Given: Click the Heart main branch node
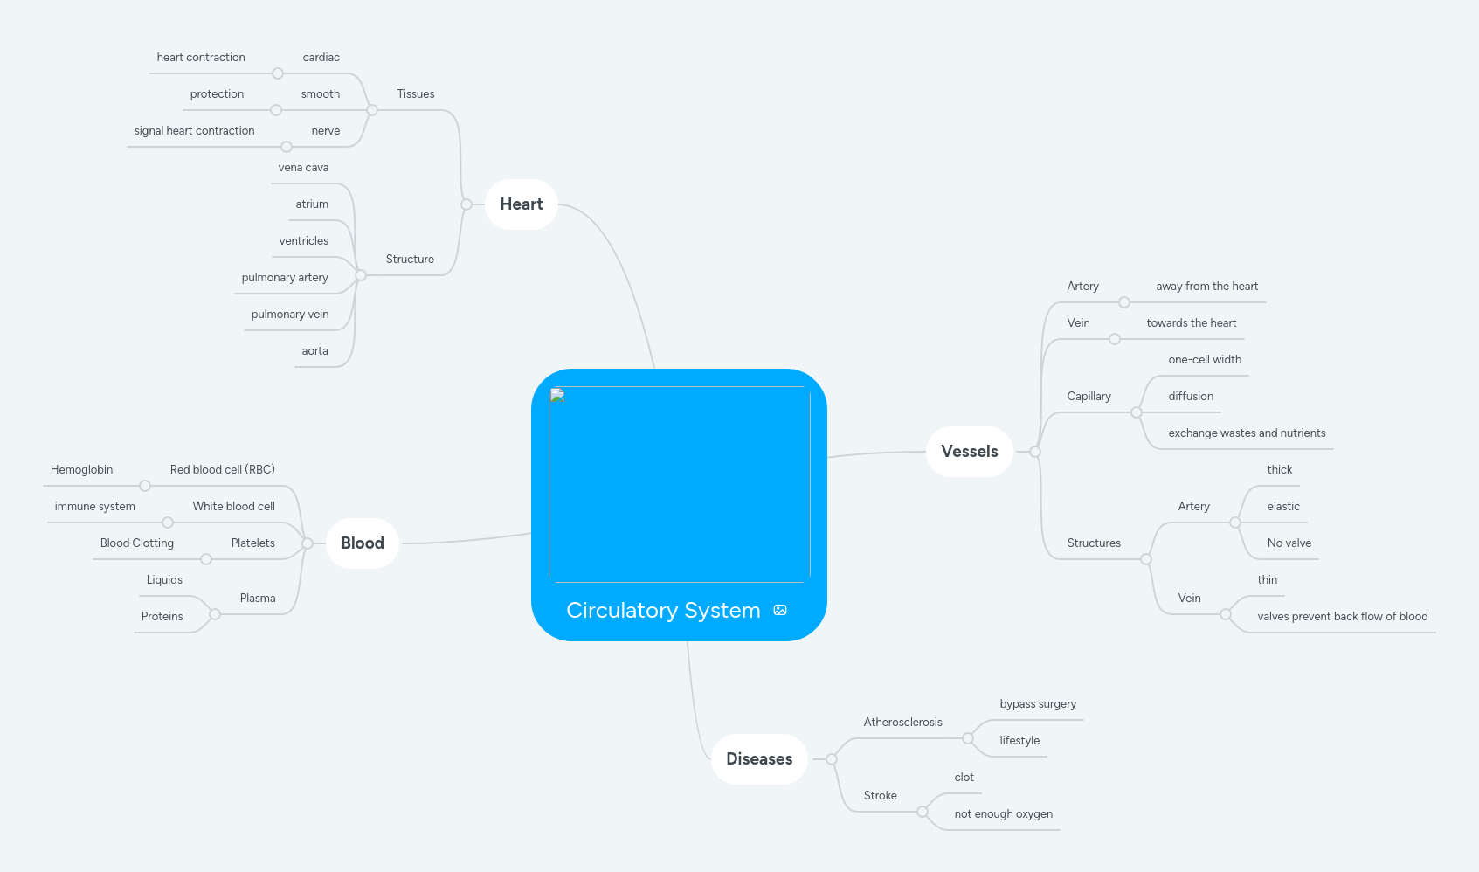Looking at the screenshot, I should tap(522, 204).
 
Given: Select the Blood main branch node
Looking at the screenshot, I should tap(363, 543).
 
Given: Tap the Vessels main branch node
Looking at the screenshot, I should tap(969, 452).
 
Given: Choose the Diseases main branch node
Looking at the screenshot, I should tap(759, 759).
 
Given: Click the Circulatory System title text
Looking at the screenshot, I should tap(663, 610).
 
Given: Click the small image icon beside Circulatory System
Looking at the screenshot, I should tap(780, 610).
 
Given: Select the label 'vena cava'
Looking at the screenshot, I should tap(303, 168).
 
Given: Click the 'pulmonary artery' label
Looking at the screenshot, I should tap(285, 278).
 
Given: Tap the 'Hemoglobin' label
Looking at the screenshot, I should tap(81, 470).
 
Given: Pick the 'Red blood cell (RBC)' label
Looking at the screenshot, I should tap(222, 470).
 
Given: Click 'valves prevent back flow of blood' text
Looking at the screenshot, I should tap(1342, 617).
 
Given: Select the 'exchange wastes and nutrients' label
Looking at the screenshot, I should tap(1247, 433).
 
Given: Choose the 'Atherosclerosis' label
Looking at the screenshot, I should tap(902, 723).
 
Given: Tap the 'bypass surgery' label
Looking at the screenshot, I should tap(1038, 704).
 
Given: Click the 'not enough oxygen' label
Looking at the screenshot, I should tap(1003, 814).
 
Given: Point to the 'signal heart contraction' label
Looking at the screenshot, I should tap(194, 131).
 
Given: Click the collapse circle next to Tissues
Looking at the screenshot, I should tap(372, 110).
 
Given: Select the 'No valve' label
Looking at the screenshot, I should tap(1289, 543).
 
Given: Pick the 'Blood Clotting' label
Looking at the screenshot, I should tap(137, 543).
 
